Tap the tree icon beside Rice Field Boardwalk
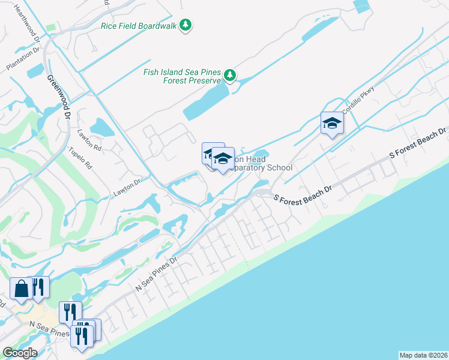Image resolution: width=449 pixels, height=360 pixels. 187,25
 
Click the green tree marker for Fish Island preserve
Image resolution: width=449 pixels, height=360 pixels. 229,76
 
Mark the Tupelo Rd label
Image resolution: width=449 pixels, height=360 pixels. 80,157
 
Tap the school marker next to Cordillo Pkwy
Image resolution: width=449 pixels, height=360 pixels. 331,124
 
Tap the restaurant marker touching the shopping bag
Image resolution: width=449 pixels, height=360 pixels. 39,287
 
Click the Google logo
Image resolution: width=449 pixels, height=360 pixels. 19,353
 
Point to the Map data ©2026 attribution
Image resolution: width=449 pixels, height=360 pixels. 423,355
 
